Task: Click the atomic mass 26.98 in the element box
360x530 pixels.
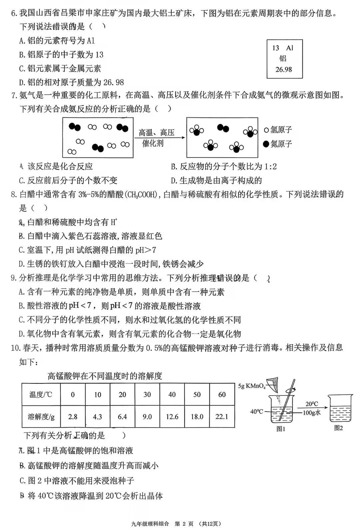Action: pos(284,69)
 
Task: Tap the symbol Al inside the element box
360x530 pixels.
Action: pos(290,48)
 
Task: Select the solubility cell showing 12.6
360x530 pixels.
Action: pos(172,417)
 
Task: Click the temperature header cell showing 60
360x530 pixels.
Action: pos(222,395)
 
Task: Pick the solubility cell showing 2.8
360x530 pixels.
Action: pos(73,417)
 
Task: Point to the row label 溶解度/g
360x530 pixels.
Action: pos(41,417)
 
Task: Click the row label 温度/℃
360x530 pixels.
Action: pos(41,395)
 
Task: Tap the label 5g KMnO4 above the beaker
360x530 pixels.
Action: pos(252,386)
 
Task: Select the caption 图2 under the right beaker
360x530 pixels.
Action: pos(338,428)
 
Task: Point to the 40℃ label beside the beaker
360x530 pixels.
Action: pos(257,412)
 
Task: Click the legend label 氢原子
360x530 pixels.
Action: pos(281,130)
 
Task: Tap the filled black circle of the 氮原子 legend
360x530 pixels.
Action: pos(266,144)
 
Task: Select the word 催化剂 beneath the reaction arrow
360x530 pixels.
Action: pos(153,144)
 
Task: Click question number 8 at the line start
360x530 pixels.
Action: pos(14,194)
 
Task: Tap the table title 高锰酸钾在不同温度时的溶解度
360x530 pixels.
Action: pos(105,376)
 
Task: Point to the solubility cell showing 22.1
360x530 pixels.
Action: pos(222,417)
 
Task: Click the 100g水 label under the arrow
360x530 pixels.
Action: pos(312,413)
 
